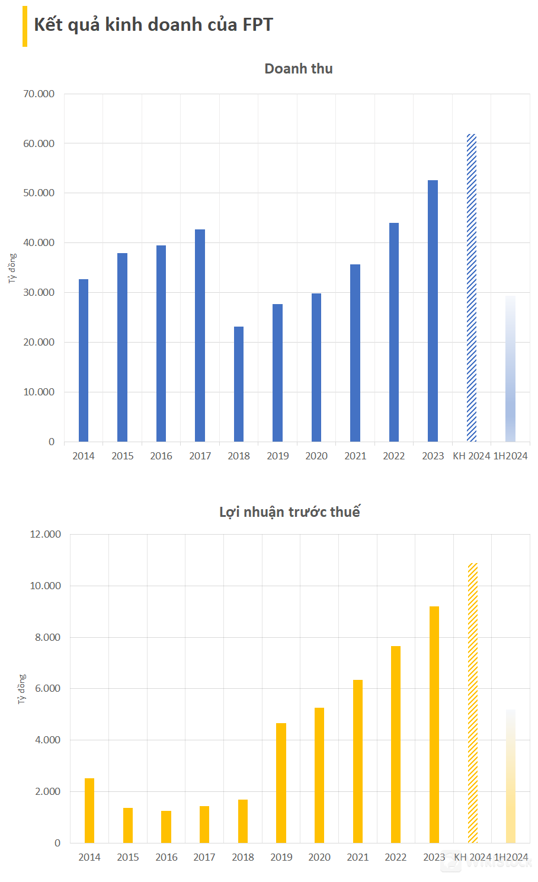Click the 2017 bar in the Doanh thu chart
click(x=200, y=335)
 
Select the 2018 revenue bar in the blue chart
click(x=239, y=384)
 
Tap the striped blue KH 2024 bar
click(x=472, y=287)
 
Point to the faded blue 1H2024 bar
click(x=510, y=369)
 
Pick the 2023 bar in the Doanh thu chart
click(x=433, y=311)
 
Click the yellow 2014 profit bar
click(x=89, y=810)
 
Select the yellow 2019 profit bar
click(x=281, y=782)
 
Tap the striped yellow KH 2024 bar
click(x=473, y=702)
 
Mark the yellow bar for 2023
click(x=434, y=724)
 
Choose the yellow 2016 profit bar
click(x=166, y=826)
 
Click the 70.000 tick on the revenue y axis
click(x=39, y=94)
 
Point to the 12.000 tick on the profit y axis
click(x=46, y=534)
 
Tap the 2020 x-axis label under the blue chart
click(x=316, y=456)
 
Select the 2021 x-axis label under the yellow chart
click(x=358, y=857)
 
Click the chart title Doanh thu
click(x=299, y=69)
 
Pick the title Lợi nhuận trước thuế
click(x=290, y=512)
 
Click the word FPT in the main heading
click(x=258, y=25)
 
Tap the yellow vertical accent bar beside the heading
click(x=25, y=26)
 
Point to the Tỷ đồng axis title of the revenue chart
click(x=12, y=269)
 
